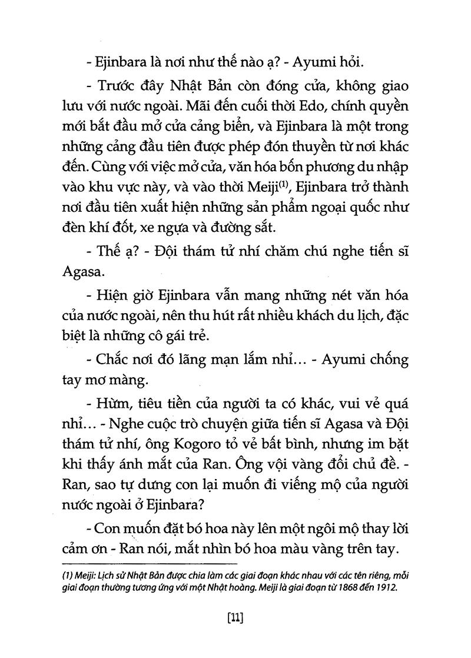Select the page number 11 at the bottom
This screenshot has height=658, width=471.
[235, 618]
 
